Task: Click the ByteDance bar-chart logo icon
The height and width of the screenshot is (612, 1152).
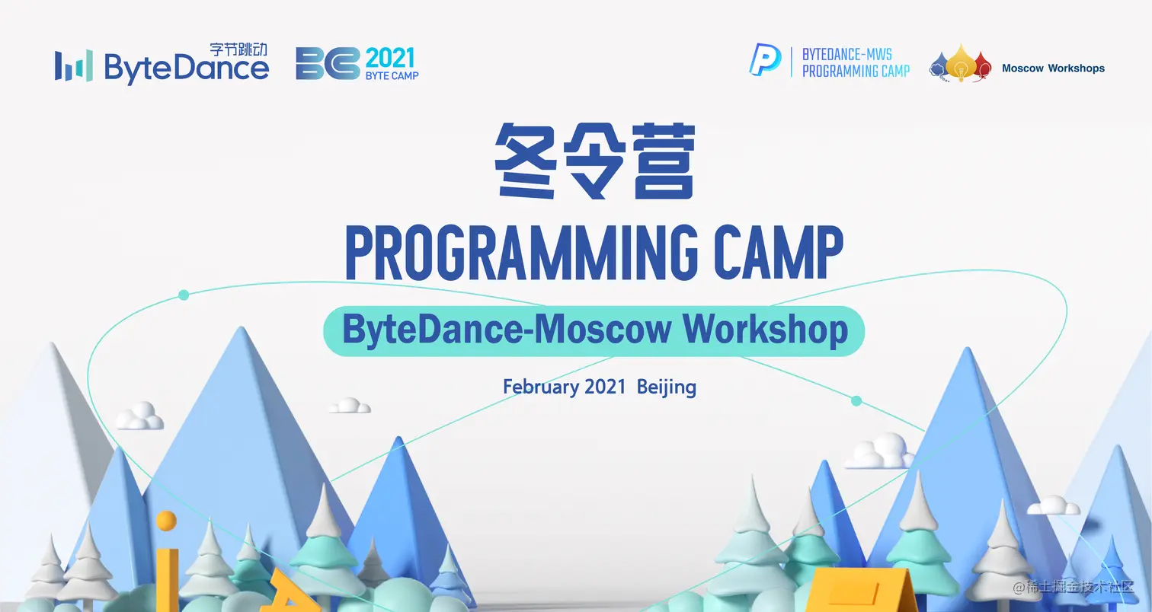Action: pos(74,65)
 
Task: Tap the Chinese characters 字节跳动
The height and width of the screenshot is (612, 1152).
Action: pos(238,49)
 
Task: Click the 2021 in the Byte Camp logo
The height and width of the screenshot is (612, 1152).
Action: pos(390,58)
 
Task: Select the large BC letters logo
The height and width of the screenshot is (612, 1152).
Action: pos(328,64)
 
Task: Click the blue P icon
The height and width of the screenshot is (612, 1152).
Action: pos(765,60)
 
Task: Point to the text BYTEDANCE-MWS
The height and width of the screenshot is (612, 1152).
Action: pos(846,55)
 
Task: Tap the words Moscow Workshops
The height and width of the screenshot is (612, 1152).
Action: pos(1053,69)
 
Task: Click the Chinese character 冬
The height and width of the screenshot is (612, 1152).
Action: pos(526,161)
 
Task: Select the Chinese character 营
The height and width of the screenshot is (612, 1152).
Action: pos(664,161)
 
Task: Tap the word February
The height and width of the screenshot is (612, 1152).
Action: pos(539,387)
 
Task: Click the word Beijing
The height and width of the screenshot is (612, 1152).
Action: pos(667,387)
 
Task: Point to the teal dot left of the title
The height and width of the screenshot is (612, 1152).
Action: pos(184,295)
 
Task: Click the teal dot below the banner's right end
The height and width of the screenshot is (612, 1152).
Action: pos(856,401)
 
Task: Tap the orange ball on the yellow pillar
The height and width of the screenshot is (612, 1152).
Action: pos(166,521)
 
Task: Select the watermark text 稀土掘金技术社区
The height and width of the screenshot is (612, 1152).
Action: pos(1080,587)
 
